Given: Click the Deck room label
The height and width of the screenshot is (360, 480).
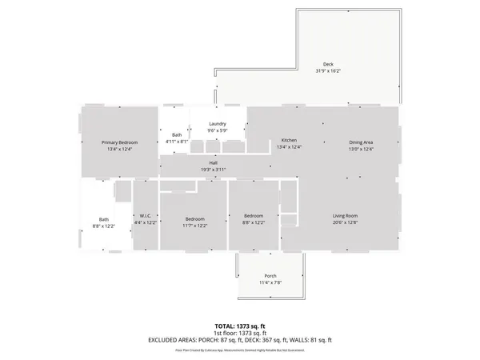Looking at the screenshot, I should coord(328,64).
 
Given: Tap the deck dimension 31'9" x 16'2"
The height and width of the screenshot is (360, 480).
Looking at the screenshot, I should coord(328,70).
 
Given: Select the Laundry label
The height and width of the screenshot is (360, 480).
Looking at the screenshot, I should coord(218,123).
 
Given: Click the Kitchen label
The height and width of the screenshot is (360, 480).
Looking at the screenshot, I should coord(289,141).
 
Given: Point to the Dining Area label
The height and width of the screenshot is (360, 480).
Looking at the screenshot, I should coord(362,142).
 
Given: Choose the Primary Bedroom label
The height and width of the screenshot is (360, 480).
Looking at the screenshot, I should coord(119,142).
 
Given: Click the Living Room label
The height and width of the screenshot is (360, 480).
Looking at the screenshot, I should coord(345,216).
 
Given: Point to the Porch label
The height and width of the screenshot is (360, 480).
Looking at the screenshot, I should coord(270,276).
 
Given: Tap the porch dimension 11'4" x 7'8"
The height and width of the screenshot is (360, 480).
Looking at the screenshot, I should coord(270,282).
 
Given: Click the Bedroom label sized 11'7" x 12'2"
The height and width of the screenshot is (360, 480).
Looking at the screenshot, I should coord(195,218).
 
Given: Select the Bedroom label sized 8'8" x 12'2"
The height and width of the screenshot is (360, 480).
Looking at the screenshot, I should coord(254,216).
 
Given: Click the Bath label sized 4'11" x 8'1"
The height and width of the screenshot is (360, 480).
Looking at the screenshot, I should coord(176,135).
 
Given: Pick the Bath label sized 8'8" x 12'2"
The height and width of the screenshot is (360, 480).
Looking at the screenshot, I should coord(104,219).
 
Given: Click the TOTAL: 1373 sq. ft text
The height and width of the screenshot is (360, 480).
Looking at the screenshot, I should coord(239,326).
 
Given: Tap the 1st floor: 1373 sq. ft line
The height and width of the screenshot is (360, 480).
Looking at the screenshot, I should coord(239,333).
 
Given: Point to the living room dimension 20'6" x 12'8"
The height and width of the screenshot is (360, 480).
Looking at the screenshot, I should coord(345,222).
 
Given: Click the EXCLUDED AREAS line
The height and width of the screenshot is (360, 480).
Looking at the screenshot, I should coord(239,340).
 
